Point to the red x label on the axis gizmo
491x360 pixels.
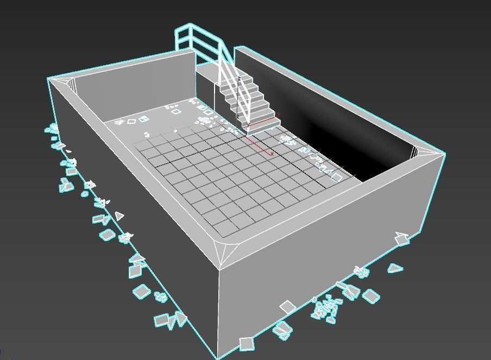tap(271, 154)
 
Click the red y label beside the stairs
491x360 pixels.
tap(277, 114)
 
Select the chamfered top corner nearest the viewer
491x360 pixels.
tap(222, 255)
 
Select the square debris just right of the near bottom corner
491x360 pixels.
tap(247, 343)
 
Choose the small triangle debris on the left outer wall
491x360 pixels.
tap(119, 216)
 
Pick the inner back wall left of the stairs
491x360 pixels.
tap(136, 92)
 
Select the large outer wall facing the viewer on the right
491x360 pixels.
tap(326, 261)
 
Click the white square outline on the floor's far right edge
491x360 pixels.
tap(337, 177)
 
